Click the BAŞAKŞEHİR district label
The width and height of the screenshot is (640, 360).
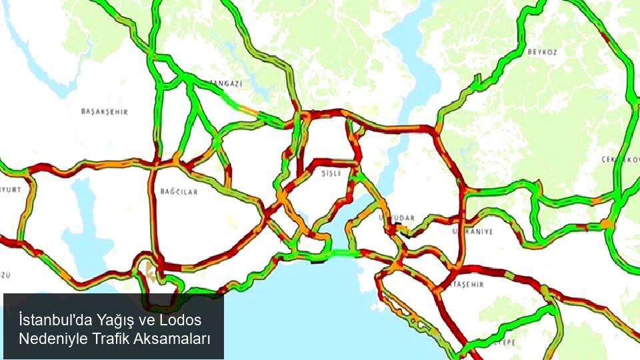click(104, 111)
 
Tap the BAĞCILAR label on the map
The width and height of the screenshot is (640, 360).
click(179, 191)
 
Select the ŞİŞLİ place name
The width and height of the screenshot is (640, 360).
click(331, 173)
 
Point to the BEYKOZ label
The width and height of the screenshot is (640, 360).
click(542, 51)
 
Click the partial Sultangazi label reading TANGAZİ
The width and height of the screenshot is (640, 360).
click(227, 83)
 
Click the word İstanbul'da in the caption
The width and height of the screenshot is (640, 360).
click(55, 320)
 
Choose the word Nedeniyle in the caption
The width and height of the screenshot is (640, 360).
click(49, 339)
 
